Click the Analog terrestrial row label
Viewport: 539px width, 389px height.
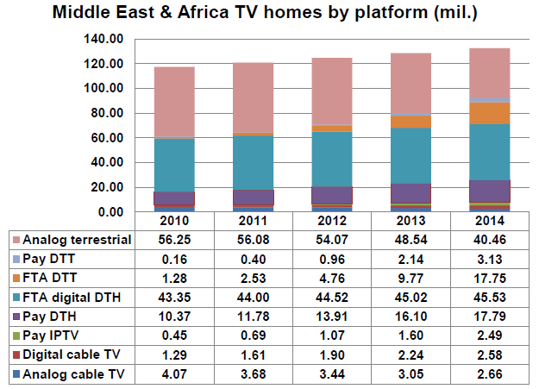point(76,239)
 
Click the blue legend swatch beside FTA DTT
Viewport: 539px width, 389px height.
point(16,277)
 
